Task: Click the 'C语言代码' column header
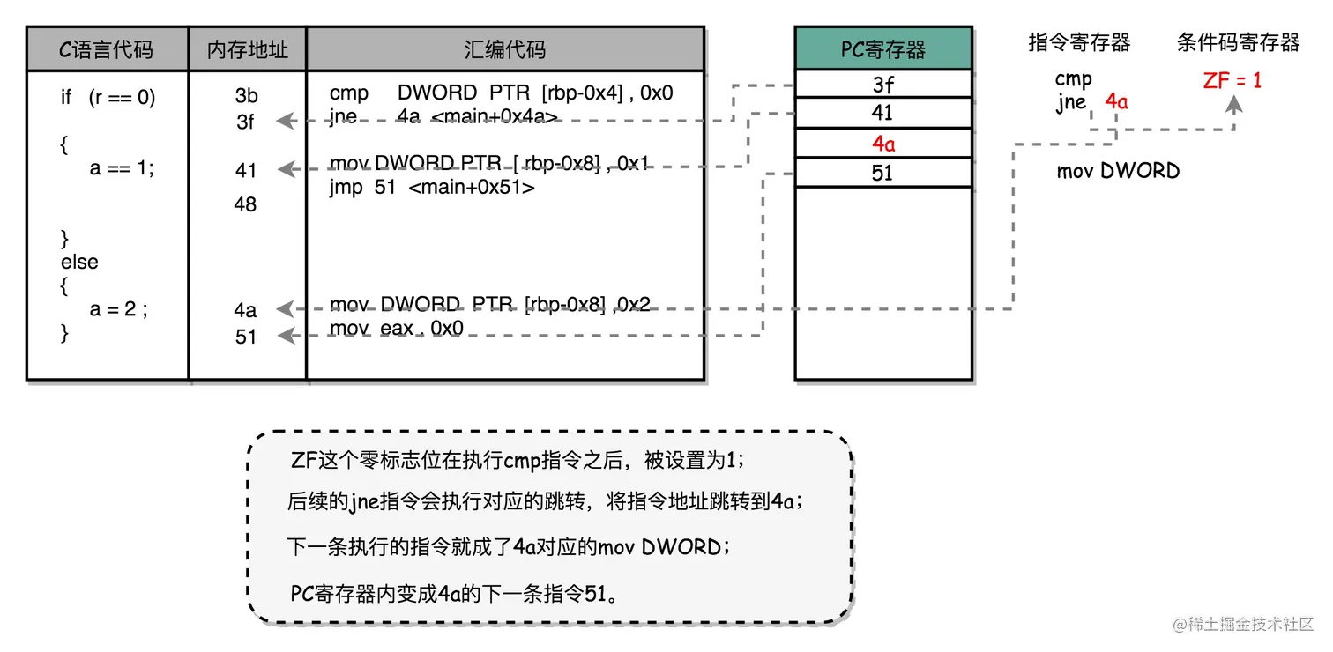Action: [x=107, y=49]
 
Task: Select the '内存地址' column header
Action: [x=247, y=49]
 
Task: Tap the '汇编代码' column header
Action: [x=505, y=49]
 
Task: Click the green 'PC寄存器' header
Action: [x=882, y=49]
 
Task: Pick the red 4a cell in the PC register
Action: [x=882, y=144]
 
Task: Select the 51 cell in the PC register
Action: [x=882, y=173]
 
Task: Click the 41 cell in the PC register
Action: [x=882, y=113]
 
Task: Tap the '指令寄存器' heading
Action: [x=1079, y=42]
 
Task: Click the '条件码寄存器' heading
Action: [x=1238, y=42]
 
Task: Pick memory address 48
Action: [x=246, y=204]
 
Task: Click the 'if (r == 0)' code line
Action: [x=108, y=98]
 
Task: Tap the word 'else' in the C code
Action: [x=79, y=263]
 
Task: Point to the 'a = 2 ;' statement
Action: [x=119, y=309]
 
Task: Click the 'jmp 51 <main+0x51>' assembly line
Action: [x=432, y=188]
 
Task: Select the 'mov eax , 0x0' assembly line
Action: [x=397, y=329]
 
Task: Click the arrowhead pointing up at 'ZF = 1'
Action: [x=1233, y=104]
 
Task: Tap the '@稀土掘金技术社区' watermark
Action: [x=1242, y=624]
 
